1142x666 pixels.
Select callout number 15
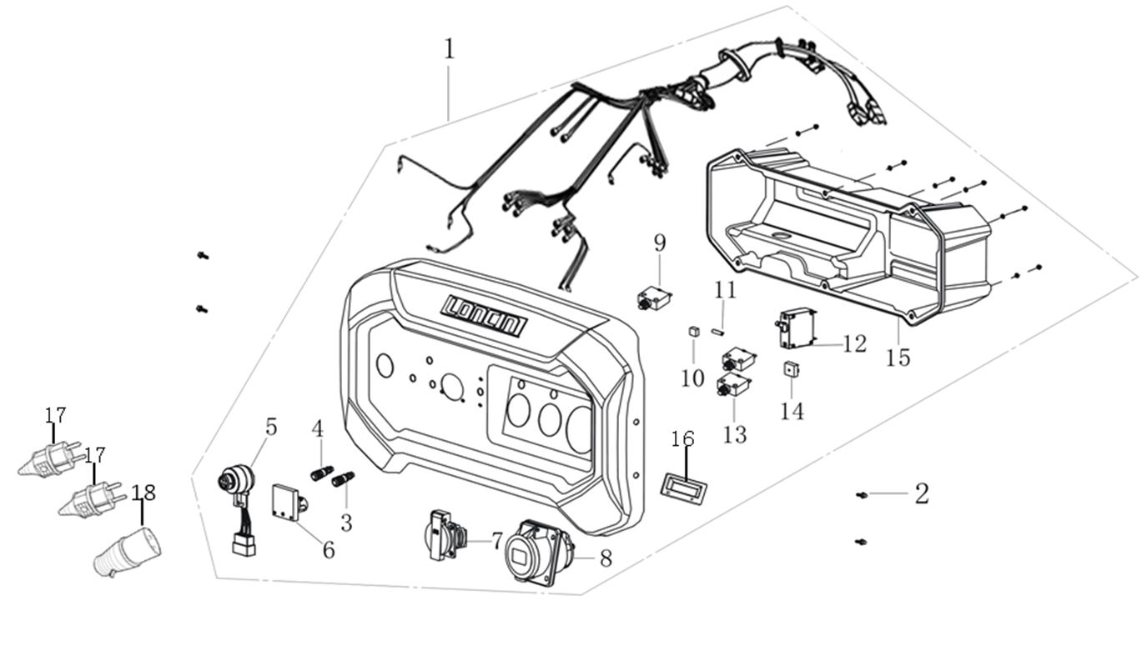[x=898, y=357]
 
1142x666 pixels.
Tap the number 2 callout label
[x=921, y=493]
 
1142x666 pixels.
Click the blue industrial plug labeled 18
[x=128, y=551]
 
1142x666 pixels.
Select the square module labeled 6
[x=287, y=503]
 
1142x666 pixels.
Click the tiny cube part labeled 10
[x=692, y=333]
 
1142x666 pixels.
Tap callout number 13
[x=735, y=434]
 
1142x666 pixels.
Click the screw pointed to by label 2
[x=863, y=495]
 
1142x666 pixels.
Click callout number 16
[x=682, y=439]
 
